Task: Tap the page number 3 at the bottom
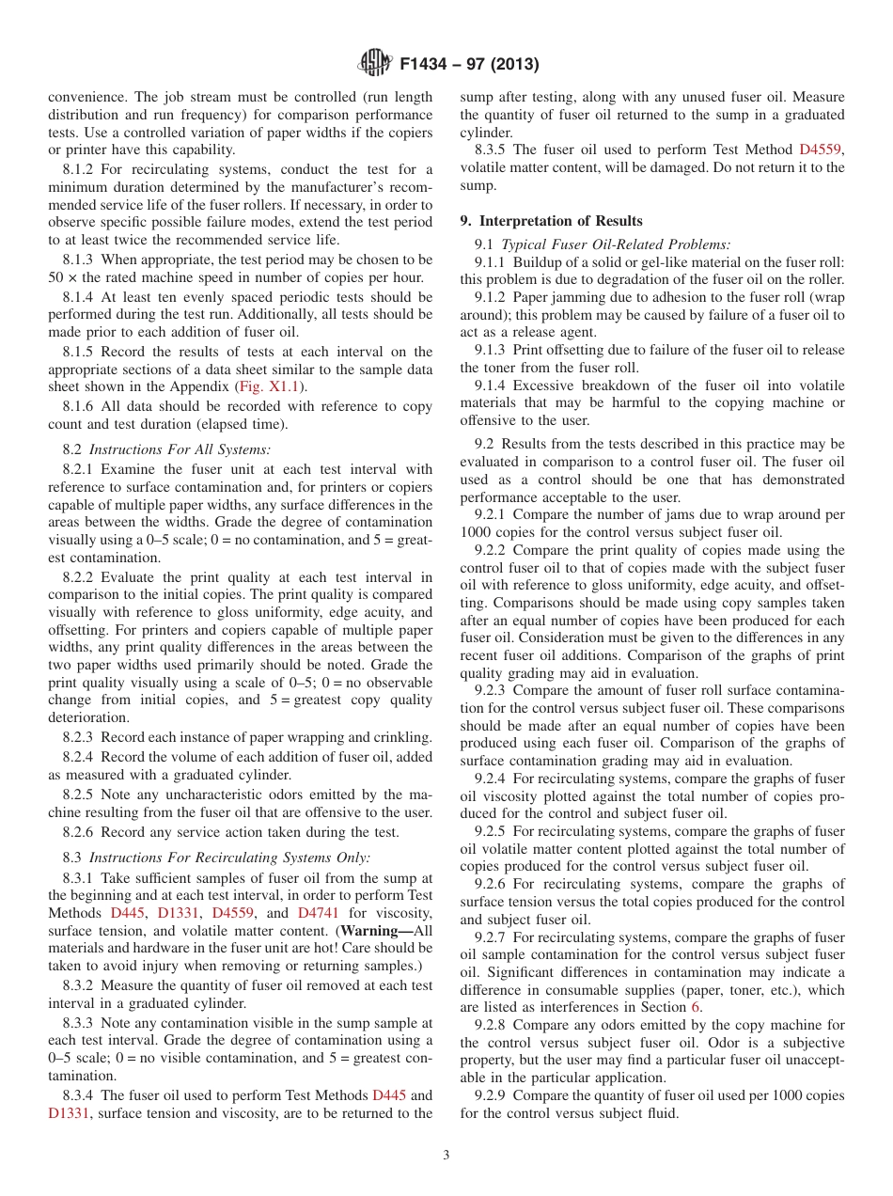coord(446,1156)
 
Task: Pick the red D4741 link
coord(317,913)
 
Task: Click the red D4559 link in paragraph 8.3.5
coord(821,149)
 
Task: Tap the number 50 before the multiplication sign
coord(55,276)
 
